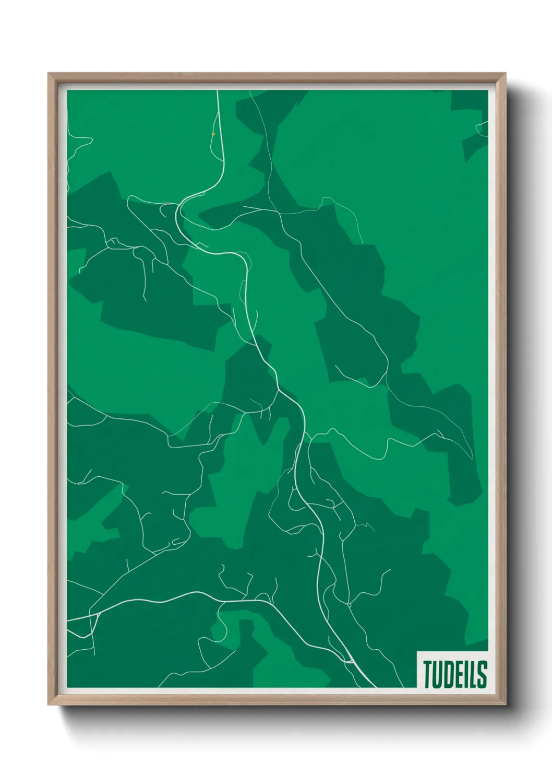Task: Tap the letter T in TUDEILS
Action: [x=428, y=674]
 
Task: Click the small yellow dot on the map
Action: [x=213, y=134]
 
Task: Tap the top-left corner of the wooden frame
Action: [x=49, y=74]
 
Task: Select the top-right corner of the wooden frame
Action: [x=505, y=74]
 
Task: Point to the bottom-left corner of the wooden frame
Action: [x=49, y=705]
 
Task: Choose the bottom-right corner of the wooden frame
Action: [x=505, y=705]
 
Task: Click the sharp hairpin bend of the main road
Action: [x=178, y=212]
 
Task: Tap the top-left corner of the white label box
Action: [x=417, y=652]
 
